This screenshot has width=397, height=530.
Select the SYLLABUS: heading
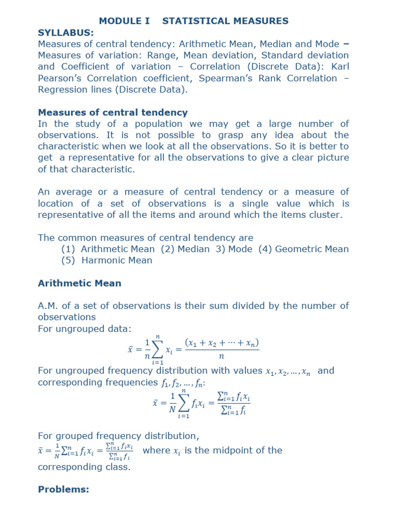(x=66, y=32)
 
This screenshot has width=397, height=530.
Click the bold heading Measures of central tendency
(x=113, y=112)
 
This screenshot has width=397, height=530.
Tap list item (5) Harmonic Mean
(x=106, y=260)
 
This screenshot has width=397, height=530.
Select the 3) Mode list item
(x=233, y=249)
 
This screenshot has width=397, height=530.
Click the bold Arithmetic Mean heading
(x=80, y=283)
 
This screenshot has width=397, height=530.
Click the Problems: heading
(x=64, y=489)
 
